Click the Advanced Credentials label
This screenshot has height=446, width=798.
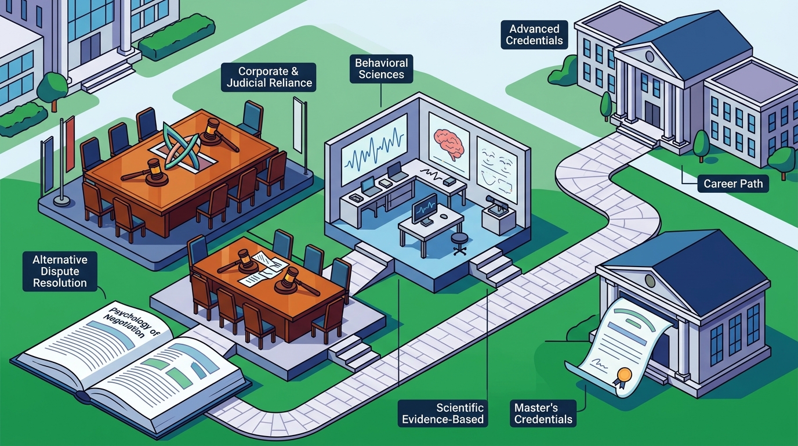click(534, 35)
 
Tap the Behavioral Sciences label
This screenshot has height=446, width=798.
click(381, 69)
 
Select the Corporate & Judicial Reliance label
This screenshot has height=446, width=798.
click(269, 77)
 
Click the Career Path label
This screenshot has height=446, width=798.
click(733, 184)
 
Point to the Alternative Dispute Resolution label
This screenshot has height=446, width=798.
click(60, 271)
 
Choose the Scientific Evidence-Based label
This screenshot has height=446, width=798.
click(442, 413)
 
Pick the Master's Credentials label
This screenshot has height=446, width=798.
click(543, 413)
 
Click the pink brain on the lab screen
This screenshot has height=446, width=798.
click(449, 143)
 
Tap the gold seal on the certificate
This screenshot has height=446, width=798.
click(624, 375)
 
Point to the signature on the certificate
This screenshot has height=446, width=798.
click(599, 364)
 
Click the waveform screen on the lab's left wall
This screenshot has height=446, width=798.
click(375, 148)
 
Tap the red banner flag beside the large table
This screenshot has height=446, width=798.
click(70, 147)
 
